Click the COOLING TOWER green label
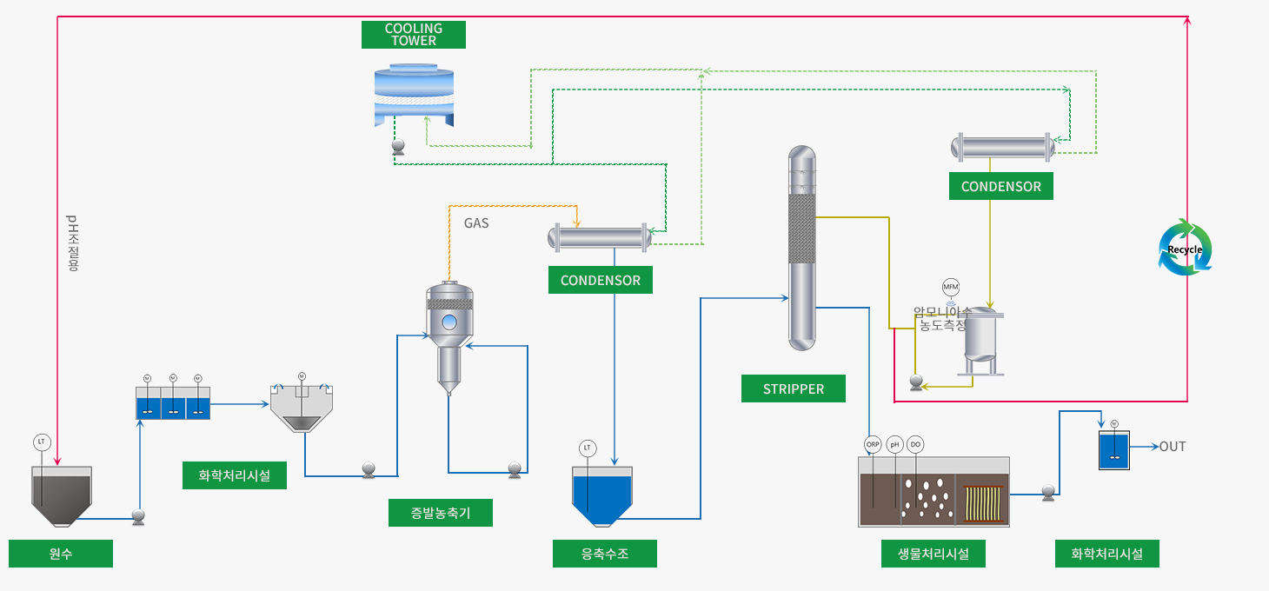point(414,35)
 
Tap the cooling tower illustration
point(414,94)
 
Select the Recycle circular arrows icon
point(1185,249)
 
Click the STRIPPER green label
point(793,389)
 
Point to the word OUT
point(1172,447)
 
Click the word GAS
point(476,223)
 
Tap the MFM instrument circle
point(951,287)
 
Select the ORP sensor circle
point(873,444)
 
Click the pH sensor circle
point(894,444)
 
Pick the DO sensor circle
point(915,444)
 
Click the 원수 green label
point(61,554)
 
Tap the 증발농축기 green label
point(441,513)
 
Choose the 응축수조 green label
point(605,554)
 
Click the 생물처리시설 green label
point(933,554)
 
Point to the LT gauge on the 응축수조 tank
point(588,448)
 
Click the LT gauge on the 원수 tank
point(42,442)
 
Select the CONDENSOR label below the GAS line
point(601,281)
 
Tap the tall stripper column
point(802,248)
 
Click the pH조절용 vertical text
point(72,243)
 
